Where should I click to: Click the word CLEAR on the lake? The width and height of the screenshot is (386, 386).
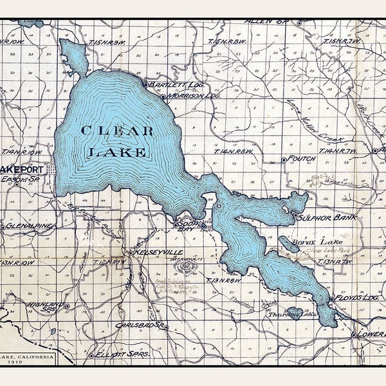(x=117, y=132)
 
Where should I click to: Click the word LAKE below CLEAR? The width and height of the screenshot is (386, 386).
(x=116, y=152)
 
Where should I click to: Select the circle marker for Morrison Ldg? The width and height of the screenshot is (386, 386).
(x=163, y=96)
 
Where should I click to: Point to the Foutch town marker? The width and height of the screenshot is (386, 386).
(x=284, y=160)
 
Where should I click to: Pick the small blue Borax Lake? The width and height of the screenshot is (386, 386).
(x=288, y=244)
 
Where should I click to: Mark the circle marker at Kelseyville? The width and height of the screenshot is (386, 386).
(x=131, y=252)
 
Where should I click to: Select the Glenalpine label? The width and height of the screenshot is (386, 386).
(x=28, y=226)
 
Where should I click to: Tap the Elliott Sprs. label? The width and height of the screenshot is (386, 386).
(x=122, y=354)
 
